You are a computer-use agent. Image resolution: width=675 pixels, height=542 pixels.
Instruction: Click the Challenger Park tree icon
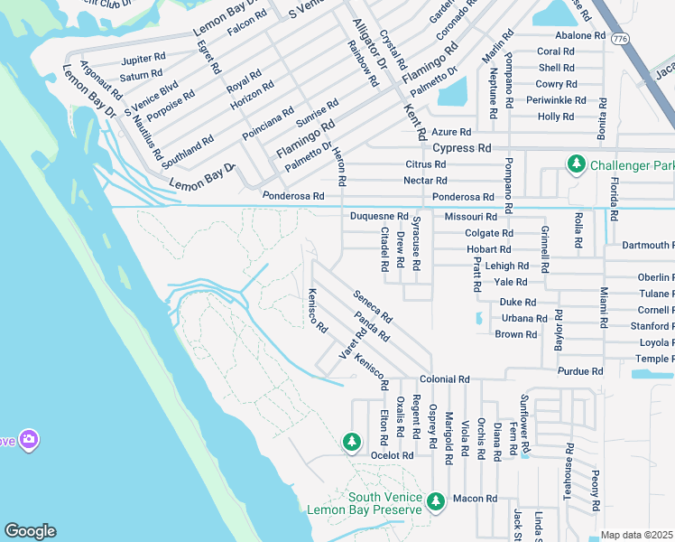coord(575,164)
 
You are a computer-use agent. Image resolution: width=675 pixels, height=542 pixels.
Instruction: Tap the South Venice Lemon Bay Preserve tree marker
coord(436,500)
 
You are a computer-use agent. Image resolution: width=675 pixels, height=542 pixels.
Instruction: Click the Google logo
coord(30,531)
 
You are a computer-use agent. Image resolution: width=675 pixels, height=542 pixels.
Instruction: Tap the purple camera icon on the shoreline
coord(29,440)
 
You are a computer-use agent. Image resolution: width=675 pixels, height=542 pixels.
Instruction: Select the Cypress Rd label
coord(461,147)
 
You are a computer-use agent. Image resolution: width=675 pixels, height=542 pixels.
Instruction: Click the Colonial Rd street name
coord(445,380)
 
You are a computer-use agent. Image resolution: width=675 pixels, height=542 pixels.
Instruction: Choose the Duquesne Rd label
coord(379,217)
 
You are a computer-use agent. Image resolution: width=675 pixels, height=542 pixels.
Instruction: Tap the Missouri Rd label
coord(470,217)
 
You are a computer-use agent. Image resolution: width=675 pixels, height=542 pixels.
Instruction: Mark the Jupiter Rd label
coord(143,58)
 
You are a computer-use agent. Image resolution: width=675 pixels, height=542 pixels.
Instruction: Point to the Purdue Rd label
coord(580,371)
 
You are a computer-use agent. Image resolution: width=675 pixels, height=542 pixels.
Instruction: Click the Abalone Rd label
coord(579,35)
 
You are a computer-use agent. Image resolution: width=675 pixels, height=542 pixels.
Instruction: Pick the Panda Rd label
coord(372,325)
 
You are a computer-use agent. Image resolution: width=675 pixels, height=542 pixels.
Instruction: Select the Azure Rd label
coord(451,132)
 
